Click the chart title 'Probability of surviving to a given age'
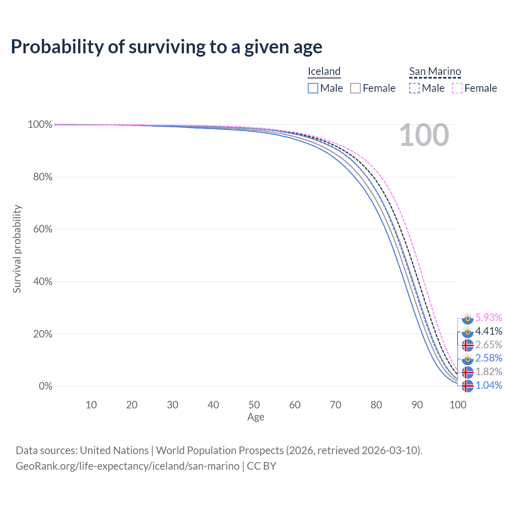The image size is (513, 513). tap(166, 47)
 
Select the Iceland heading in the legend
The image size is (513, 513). tap(324, 71)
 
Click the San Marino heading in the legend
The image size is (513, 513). tap(435, 71)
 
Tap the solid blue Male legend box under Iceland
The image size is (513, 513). tap(313, 88)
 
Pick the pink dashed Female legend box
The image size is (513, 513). tap(457, 88)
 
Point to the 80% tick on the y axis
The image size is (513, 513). tap(42, 177)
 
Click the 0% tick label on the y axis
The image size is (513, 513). tap(46, 386)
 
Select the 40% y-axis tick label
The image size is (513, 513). tap(42, 281)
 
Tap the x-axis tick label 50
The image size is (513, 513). tap(254, 405)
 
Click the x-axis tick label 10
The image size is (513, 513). tap(91, 405)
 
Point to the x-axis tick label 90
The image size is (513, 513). tap(417, 405)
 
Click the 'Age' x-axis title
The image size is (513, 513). tap(256, 417)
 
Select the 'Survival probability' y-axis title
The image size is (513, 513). tap(17, 249)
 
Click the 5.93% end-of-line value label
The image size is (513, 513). tap(489, 317)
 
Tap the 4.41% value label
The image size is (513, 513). tap(489, 331)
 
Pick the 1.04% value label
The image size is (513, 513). tap(489, 385)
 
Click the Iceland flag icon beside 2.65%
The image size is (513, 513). tap(467, 345)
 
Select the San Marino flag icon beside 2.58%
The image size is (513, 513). tap(467, 359)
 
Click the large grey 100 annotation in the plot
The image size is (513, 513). tap(424, 135)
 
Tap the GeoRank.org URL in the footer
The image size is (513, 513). tap(127, 466)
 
